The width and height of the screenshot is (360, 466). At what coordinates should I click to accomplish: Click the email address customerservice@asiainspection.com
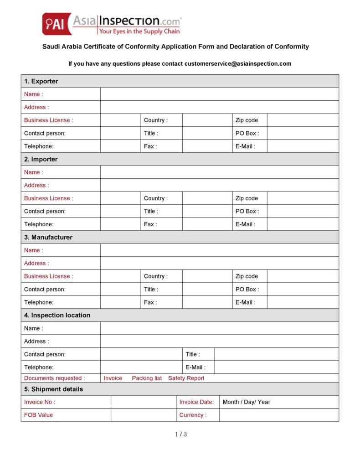[238, 64]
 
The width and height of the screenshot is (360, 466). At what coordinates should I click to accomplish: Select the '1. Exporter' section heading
[41, 81]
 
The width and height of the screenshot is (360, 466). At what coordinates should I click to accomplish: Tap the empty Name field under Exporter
[219, 94]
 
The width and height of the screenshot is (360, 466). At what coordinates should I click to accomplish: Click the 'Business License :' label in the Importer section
[48, 198]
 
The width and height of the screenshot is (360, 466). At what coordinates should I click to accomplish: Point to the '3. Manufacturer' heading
[48, 237]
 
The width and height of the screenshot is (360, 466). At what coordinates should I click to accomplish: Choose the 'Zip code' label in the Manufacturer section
[247, 276]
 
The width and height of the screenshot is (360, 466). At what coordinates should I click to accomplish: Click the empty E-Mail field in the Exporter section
[303, 146]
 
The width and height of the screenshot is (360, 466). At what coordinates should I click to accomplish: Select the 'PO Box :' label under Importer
[247, 211]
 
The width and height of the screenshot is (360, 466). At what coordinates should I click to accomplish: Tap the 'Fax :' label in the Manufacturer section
[150, 302]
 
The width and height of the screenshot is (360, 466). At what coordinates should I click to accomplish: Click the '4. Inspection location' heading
[57, 315]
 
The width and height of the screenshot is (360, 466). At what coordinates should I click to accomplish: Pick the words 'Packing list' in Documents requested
[147, 378]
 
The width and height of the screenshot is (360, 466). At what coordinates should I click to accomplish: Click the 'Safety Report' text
[186, 378]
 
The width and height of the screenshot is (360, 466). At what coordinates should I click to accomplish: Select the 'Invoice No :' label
[40, 402]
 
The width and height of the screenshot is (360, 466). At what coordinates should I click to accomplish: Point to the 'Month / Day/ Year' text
[246, 402]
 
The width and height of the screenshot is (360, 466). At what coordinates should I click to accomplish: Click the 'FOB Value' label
[38, 415]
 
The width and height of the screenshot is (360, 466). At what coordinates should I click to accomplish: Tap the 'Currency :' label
[192, 415]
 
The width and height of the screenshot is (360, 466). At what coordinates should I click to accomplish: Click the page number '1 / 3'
[181, 435]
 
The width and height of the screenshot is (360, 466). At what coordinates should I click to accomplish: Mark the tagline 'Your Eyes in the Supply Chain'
[139, 31]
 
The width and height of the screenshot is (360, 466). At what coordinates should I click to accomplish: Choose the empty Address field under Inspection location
[219, 341]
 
